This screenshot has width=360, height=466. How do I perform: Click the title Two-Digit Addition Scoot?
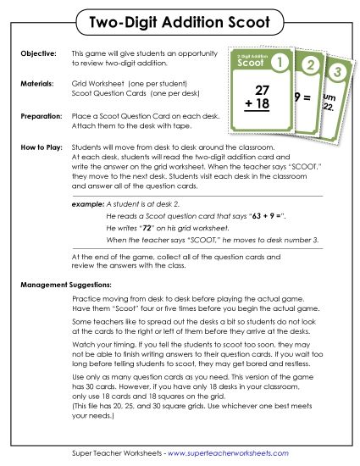pos(180,19)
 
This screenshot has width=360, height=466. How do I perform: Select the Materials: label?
pos(36,85)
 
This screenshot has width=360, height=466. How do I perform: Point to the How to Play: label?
pos(41,147)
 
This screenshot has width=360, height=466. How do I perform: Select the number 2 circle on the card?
pos(312,65)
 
